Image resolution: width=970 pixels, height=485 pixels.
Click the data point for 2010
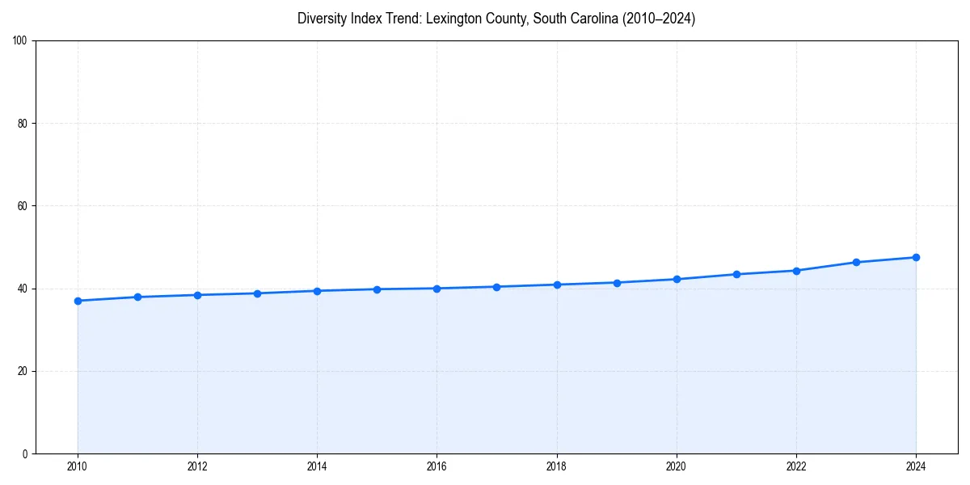(78, 301)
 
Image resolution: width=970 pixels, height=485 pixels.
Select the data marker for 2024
(916, 257)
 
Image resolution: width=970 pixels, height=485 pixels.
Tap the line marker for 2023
(856, 262)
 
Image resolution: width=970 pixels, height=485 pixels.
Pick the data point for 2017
(496, 287)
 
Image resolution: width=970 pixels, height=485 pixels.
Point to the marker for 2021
(736, 274)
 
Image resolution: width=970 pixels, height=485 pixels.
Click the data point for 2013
(257, 293)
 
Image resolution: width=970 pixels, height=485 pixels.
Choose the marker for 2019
(617, 282)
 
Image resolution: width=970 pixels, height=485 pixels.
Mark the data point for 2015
(377, 289)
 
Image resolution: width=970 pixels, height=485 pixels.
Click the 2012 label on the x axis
(197, 466)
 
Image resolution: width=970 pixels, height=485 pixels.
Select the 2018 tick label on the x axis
(556, 466)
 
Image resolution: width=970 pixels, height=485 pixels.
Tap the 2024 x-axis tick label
(916, 466)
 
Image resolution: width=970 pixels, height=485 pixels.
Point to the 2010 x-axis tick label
(78, 466)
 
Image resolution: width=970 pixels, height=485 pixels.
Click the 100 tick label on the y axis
(20, 41)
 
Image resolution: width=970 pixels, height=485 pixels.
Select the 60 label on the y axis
(23, 206)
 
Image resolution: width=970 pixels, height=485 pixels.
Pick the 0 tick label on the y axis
(25, 453)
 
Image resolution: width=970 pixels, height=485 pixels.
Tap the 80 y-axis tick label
(23, 124)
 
